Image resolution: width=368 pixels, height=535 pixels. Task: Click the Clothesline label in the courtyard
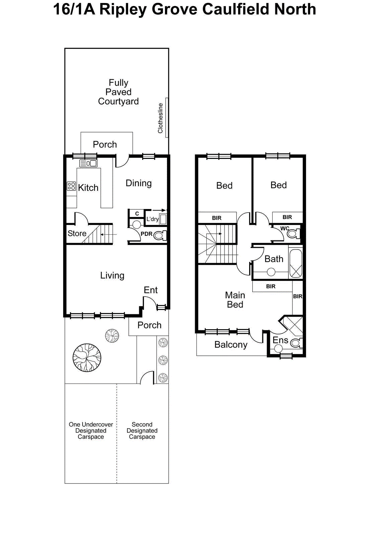tap(161, 118)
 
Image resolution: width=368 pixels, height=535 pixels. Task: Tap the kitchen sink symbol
tap(88, 163)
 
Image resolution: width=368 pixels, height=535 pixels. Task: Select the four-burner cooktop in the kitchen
tap(71, 186)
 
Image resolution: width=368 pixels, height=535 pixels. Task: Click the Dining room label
tap(139, 183)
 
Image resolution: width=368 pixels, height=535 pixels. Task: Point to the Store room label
tap(77, 233)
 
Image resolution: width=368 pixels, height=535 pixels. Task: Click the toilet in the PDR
tap(160, 235)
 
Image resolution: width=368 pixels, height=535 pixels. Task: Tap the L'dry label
tap(152, 219)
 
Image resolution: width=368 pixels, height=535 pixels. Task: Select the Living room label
tap(112, 276)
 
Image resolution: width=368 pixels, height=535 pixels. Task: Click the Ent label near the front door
tap(151, 290)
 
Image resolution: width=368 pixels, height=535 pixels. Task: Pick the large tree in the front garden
tap(87, 357)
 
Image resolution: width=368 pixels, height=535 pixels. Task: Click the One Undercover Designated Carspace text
tap(91, 430)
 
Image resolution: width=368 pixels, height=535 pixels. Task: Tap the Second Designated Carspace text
tap(142, 430)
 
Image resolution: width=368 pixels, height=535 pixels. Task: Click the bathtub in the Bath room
tap(295, 263)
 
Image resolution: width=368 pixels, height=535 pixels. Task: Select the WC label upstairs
tap(285, 228)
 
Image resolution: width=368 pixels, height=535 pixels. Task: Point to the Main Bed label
tap(235, 300)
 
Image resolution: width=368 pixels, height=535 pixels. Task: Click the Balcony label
tap(231, 345)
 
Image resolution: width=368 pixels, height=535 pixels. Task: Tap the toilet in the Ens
tap(296, 343)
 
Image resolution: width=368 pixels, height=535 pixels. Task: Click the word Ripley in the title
tap(124, 9)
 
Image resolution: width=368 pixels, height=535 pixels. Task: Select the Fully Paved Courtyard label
tap(118, 92)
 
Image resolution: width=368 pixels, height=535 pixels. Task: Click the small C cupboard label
tap(137, 213)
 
